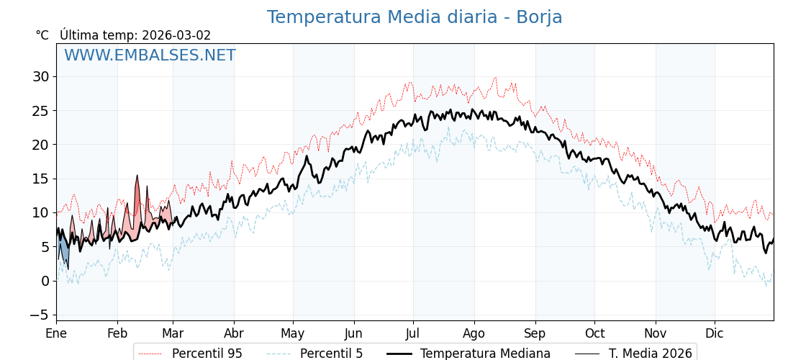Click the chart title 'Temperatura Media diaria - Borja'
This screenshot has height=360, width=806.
tap(415, 17)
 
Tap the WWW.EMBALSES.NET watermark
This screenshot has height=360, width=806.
tap(150, 55)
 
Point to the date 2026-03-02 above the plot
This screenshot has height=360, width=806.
tap(176, 35)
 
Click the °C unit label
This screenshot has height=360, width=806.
tap(42, 35)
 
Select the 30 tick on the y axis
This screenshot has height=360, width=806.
tap(40, 76)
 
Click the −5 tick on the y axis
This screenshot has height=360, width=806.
tap(39, 315)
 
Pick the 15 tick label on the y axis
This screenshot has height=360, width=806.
tap(40, 179)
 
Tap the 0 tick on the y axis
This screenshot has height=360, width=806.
tap(45, 281)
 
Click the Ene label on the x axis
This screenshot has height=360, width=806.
tap(56, 333)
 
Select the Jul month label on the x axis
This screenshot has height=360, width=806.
tap(413, 333)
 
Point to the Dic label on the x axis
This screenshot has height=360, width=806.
tap(715, 333)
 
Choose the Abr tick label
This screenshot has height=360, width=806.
tap(234, 333)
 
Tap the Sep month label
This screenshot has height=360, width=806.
tap(535, 333)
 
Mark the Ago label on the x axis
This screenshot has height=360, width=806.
tap(474, 333)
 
